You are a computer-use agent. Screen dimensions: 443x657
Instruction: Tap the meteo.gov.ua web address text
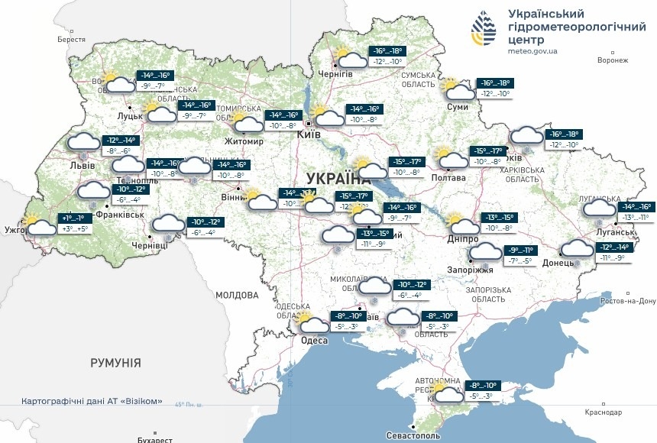[x=532, y=51]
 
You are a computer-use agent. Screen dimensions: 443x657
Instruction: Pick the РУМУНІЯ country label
[x=115, y=362]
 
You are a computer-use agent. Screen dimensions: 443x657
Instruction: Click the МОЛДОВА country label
[x=237, y=295]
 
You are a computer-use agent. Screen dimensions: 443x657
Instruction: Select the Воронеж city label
[x=612, y=60]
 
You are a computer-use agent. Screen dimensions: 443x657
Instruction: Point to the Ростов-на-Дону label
[x=628, y=301]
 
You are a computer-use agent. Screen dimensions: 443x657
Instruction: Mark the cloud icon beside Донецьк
[x=577, y=249]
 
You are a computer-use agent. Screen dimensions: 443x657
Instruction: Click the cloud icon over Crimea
[x=447, y=394]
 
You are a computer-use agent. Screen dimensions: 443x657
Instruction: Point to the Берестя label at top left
[x=71, y=39]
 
